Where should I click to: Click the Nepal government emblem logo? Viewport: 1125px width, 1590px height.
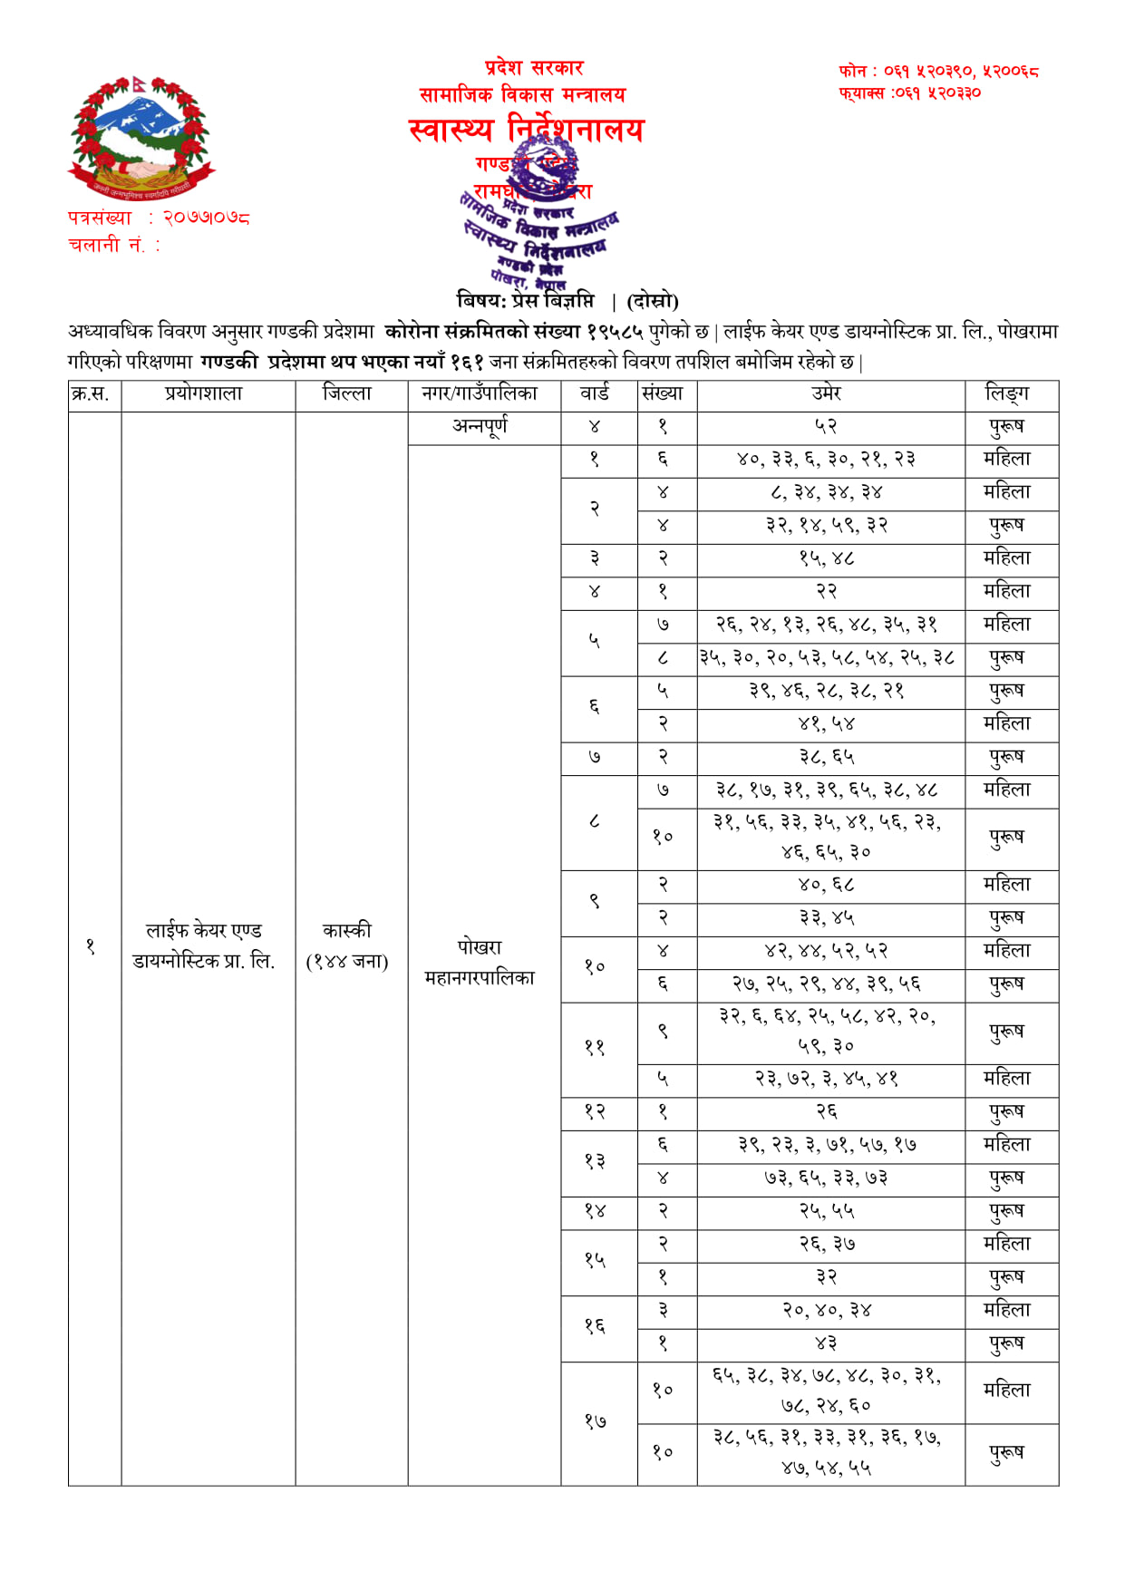coord(141,138)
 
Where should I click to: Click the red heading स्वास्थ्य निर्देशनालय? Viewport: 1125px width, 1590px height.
coord(526,130)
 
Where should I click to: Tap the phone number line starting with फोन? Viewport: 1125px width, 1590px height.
coord(938,71)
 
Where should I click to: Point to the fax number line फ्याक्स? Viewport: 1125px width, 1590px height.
coord(909,92)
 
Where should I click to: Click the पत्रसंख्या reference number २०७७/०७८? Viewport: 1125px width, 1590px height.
coord(206,218)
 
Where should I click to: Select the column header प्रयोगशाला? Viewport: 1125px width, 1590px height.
coord(204,393)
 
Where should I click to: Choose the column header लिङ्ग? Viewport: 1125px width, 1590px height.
coord(1007,393)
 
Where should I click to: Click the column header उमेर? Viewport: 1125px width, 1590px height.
coord(826,393)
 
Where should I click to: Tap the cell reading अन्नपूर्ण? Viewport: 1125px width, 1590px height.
coord(480,425)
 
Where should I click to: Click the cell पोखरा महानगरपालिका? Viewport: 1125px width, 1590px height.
coord(480,962)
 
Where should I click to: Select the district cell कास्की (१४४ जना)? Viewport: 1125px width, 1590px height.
coord(347,945)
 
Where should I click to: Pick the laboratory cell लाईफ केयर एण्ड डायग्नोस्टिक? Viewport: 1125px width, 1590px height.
coord(204,945)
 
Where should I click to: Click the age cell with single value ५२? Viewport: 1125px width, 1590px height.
coord(826,426)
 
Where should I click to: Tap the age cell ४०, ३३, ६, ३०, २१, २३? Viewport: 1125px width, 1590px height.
coord(826,459)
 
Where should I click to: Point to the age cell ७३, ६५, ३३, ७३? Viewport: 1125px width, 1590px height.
coord(826,1178)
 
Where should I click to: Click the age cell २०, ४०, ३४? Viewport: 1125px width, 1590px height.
coord(826,1310)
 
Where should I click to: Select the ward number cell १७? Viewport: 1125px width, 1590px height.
coord(595,1421)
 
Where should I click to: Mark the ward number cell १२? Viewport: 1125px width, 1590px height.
coord(595,1111)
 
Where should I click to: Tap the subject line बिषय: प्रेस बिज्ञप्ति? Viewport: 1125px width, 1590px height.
coord(526,301)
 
